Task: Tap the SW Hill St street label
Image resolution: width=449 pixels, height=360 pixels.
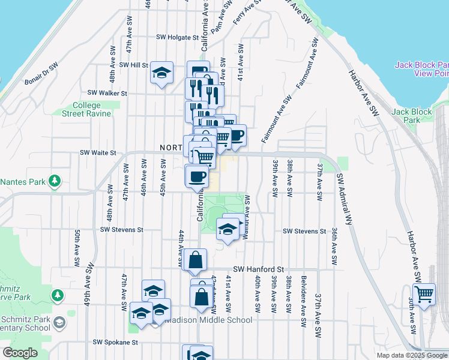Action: coord(133,65)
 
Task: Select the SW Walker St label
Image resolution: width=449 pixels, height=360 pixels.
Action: coord(107,93)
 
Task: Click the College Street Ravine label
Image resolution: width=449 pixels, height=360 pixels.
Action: coord(87,109)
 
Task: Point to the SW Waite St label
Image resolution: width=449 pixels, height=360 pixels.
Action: coord(97,153)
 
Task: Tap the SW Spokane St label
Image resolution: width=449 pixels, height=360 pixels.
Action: coord(115,342)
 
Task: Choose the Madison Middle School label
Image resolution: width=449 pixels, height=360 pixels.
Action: coord(208,320)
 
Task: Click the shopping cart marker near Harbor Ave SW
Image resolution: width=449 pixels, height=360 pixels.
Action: coord(424,295)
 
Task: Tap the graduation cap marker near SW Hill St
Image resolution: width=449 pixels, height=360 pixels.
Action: coord(161,73)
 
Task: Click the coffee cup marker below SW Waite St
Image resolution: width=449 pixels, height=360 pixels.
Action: coord(197,176)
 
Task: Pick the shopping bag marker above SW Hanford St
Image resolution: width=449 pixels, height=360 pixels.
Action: coord(195,260)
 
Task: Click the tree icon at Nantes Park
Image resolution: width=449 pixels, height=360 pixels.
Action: coord(55,180)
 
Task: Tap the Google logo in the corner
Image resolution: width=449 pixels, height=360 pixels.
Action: coord(20,353)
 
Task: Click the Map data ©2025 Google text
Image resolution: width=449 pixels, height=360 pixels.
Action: coord(411,355)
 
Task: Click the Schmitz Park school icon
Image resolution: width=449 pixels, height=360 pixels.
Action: coord(58,323)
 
